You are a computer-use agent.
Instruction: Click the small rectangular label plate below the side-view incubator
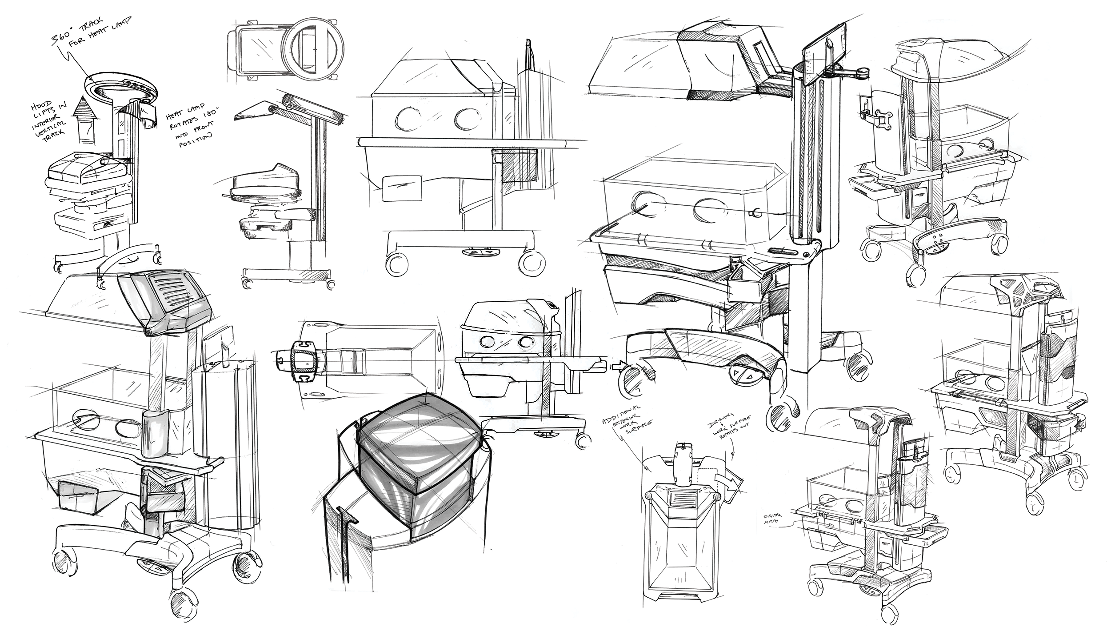pos(402,188)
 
